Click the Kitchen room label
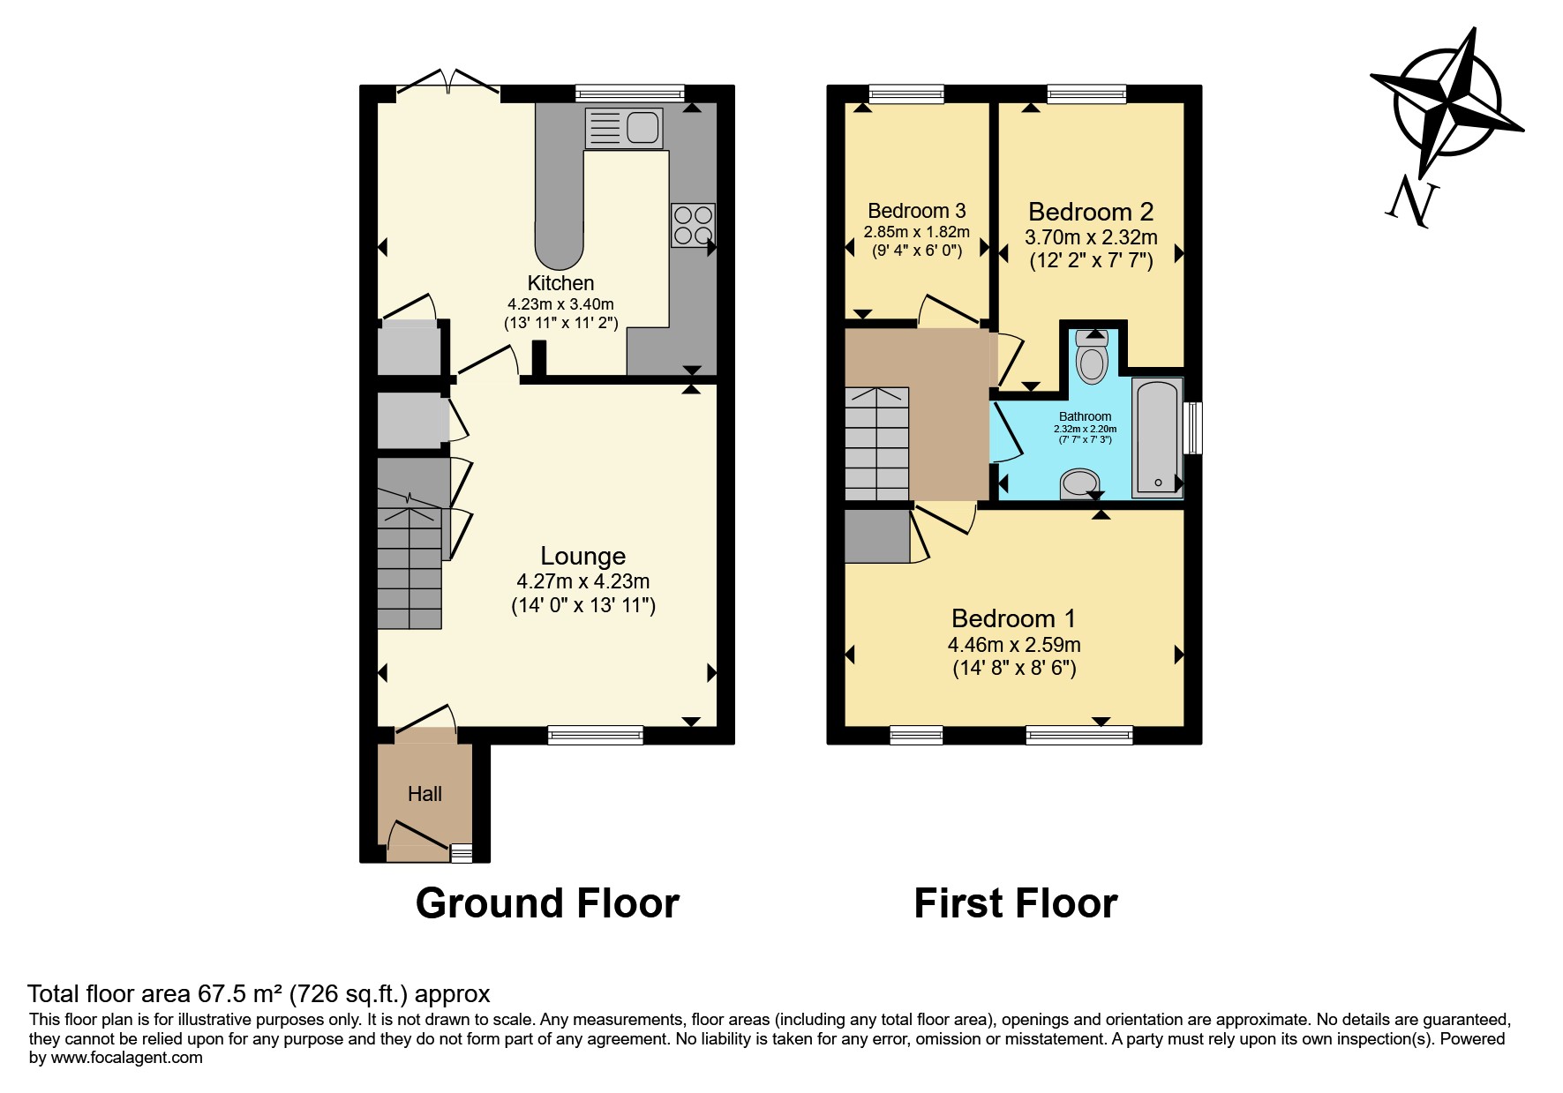(x=560, y=283)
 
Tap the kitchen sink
(x=624, y=128)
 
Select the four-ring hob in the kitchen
(x=693, y=225)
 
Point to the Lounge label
(x=583, y=556)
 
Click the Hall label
(x=425, y=794)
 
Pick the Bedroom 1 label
(x=1014, y=618)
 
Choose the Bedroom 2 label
(x=1091, y=212)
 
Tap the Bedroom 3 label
(x=917, y=211)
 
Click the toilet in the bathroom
(x=1092, y=357)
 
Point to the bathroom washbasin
(x=1079, y=483)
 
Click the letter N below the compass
(x=1412, y=202)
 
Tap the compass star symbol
(x=1447, y=102)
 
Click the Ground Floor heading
(x=547, y=903)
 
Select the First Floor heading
(x=1016, y=903)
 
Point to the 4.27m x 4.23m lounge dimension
(x=583, y=581)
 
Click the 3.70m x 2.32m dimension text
(x=1091, y=237)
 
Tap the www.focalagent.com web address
(x=127, y=1058)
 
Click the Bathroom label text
(x=1086, y=416)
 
